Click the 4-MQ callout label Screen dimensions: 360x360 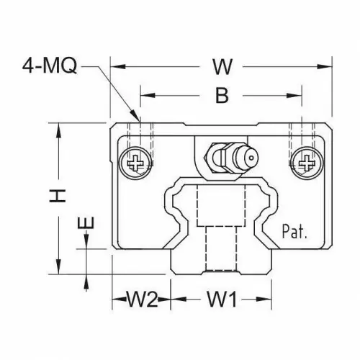point(50,66)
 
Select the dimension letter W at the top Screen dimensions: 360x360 point(222,66)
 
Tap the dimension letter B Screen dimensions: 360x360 point(222,95)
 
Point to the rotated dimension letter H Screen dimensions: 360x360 point(58,196)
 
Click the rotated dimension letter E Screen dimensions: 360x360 point(86,222)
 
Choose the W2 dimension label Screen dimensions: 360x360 point(143,300)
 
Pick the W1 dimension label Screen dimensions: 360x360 point(222,300)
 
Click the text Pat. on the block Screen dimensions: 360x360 point(294,231)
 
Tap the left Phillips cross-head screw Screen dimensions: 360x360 point(136,163)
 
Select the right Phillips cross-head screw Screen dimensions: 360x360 point(307,163)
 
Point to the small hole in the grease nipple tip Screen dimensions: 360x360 point(251,158)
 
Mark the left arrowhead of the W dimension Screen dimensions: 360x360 point(118,66)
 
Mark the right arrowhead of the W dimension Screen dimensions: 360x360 point(325,66)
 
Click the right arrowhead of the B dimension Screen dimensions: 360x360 point(294,96)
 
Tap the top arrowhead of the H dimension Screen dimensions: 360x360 point(58,130)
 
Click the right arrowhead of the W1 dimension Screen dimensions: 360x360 point(264,300)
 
